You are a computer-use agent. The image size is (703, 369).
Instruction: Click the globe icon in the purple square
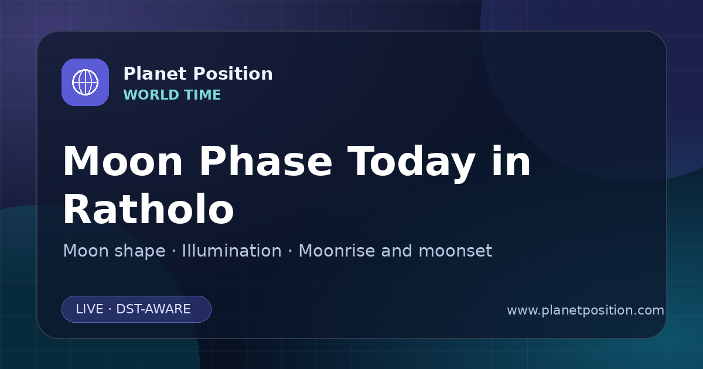point(85,82)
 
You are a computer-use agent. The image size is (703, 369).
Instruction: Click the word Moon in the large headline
point(122,162)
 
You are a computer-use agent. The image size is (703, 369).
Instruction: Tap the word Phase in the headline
point(265,161)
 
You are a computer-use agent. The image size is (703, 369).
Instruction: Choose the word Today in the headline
point(411,163)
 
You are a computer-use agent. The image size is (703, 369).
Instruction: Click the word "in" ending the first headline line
point(511,161)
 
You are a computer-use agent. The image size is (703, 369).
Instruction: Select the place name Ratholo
point(148,209)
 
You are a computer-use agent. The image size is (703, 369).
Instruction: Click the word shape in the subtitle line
point(139,251)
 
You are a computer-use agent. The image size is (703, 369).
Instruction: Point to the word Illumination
point(232,251)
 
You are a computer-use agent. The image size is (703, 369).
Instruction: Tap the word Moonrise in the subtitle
point(337,251)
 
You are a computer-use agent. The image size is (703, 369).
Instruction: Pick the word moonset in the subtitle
point(455,251)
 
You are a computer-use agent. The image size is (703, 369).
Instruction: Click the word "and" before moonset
point(397,251)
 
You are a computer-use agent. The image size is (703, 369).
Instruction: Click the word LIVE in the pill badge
point(90,309)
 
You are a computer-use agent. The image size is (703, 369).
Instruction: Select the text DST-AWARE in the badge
point(153,309)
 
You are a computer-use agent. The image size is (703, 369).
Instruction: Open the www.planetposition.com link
point(585,310)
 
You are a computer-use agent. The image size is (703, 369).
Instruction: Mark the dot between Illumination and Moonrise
point(291,251)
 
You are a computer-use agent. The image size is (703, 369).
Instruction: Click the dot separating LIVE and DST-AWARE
point(110,309)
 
